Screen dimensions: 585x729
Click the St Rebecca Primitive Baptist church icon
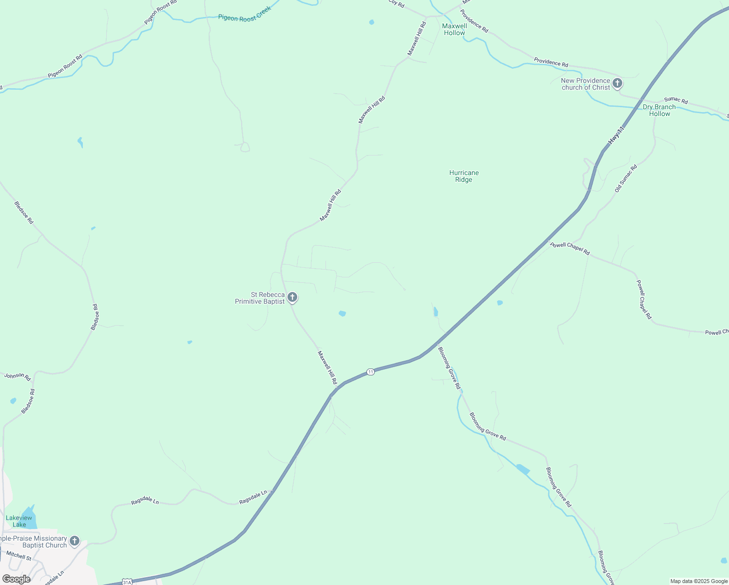click(292, 297)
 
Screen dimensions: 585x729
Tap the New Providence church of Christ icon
click(617, 83)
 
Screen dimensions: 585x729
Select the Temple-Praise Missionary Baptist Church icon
click(75, 540)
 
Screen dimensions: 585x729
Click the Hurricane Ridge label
click(463, 176)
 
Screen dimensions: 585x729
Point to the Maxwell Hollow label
click(454, 29)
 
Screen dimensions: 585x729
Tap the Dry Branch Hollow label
click(659, 110)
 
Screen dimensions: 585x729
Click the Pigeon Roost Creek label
click(244, 17)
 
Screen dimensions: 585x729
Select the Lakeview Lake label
click(19, 521)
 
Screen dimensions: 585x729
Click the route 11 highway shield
click(370, 372)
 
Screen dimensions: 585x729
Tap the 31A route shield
click(127, 582)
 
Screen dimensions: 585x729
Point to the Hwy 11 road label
click(615, 135)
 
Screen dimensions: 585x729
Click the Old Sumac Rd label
click(625, 178)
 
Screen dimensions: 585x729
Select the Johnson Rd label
click(18, 376)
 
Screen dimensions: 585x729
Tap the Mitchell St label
click(19, 555)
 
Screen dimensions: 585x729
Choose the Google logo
click(16, 579)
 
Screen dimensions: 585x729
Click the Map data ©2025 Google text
click(698, 581)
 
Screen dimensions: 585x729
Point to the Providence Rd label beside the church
click(551, 62)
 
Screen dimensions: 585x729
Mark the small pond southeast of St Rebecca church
click(342, 313)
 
